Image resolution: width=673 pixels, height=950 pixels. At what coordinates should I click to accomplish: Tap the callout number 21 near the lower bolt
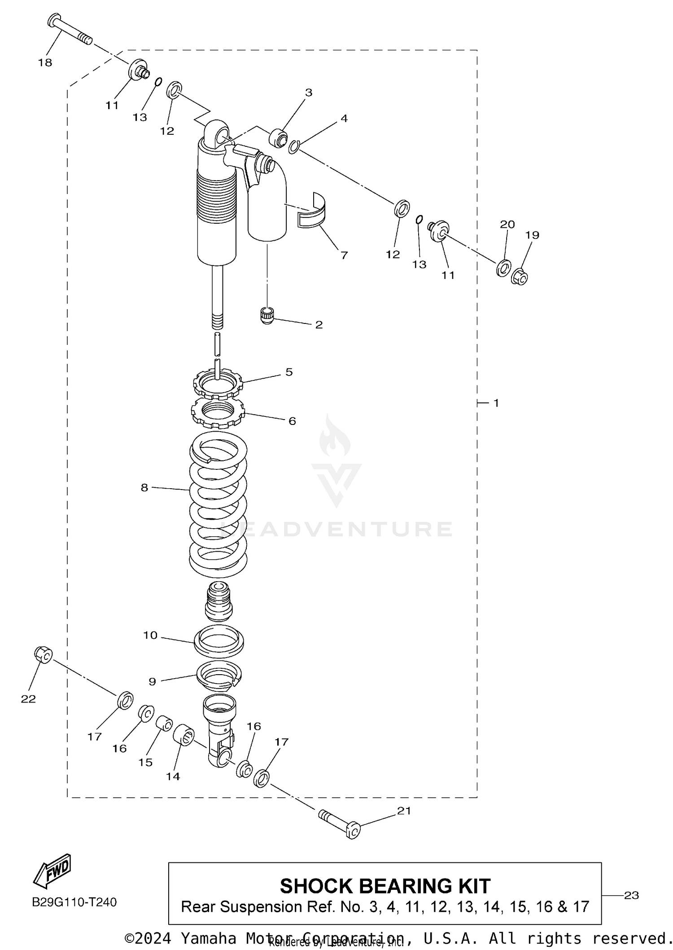click(404, 810)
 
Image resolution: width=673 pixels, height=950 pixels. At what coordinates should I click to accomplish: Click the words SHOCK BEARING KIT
click(385, 886)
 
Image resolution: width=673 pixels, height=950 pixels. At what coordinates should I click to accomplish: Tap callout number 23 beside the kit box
click(631, 895)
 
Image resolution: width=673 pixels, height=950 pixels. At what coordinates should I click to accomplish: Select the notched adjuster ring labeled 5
click(218, 383)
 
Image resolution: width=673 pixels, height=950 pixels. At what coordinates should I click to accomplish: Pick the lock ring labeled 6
click(218, 414)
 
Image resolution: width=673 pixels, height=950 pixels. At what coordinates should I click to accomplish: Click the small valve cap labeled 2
click(267, 315)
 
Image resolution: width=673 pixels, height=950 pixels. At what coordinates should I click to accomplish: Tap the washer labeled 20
click(503, 268)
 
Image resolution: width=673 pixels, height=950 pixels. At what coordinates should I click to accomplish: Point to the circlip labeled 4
click(294, 146)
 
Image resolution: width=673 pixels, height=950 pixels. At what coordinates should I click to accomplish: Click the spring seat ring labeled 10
click(219, 640)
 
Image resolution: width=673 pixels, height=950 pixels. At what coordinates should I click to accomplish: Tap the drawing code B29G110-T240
click(74, 902)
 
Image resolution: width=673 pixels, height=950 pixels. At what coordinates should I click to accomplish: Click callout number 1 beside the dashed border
click(496, 403)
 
